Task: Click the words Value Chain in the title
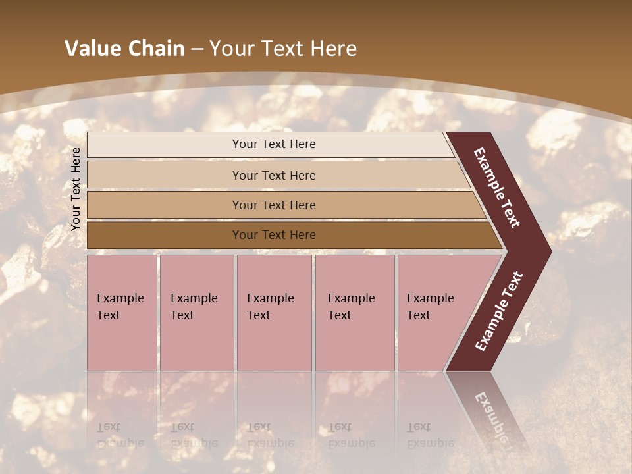[124, 49]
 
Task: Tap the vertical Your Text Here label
[76, 189]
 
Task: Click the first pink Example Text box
[122, 313]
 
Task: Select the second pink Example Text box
[196, 313]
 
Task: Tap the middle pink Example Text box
[274, 313]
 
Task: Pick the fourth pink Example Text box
[354, 313]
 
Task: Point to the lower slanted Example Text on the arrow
[498, 311]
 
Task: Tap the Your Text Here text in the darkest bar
[274, 235]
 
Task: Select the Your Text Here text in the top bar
[274, 144]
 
